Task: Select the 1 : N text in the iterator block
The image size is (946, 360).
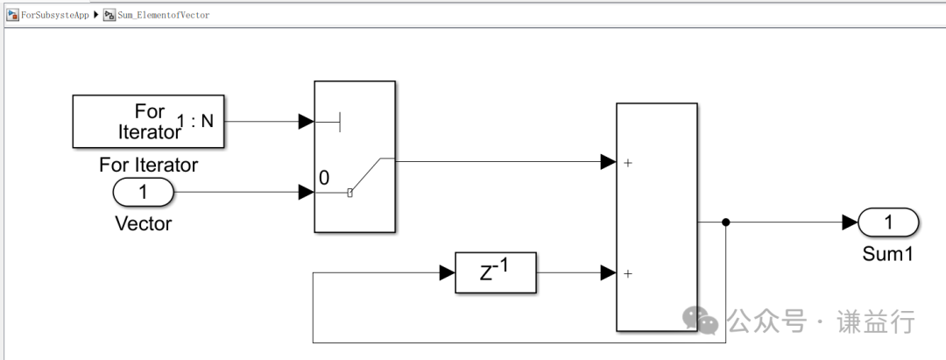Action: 195,122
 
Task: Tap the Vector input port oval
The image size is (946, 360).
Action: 144,193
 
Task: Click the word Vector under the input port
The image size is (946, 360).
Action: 144,223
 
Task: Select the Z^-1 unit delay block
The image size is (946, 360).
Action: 495,273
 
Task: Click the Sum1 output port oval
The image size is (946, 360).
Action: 888,222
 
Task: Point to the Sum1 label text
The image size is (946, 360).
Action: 888,254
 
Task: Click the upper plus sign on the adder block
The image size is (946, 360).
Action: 628,162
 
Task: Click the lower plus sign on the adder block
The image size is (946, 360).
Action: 628,273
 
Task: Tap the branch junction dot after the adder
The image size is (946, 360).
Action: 726,222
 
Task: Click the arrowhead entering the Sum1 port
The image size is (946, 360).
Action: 849,222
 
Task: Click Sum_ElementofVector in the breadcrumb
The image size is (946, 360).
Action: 163,15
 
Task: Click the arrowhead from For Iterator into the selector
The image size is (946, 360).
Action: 306,121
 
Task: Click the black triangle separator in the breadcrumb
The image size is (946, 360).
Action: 96,15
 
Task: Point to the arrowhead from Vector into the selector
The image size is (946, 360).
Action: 306,193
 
